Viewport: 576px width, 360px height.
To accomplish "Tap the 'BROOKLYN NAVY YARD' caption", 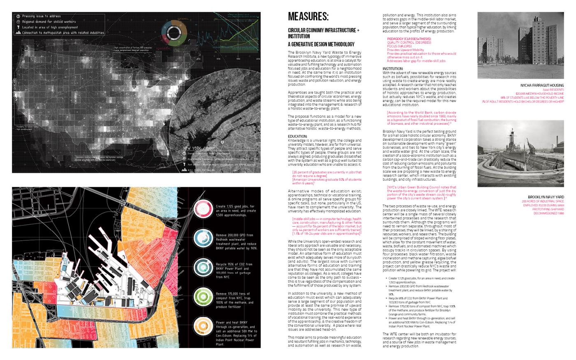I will point(546,197).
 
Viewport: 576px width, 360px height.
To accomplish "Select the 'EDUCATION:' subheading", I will point(297,136).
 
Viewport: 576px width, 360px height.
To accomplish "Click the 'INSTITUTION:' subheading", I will point(393,69).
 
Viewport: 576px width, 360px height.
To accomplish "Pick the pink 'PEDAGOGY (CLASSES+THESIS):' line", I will point(409,39).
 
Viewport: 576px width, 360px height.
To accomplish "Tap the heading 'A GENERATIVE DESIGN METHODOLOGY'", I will point(321,44).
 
